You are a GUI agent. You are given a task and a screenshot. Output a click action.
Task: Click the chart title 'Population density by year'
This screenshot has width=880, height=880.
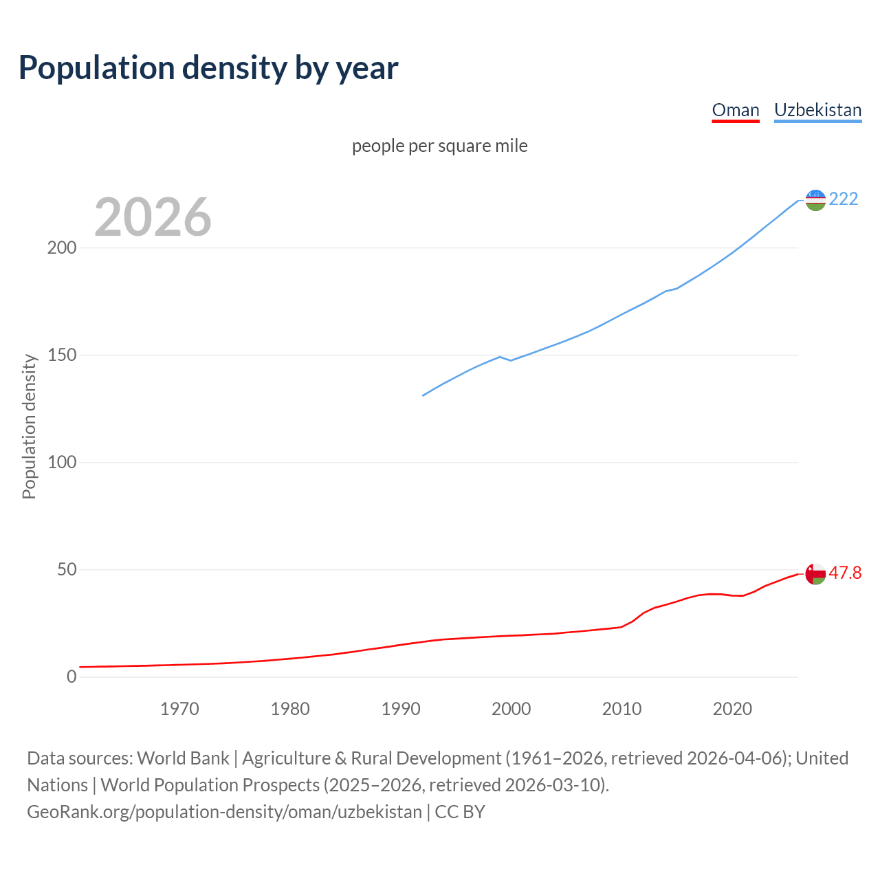click(x=208, y=67)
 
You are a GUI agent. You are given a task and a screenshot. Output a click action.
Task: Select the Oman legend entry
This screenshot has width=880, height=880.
click(x=735, y=110)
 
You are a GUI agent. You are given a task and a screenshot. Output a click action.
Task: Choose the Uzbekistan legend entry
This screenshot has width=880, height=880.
click(x=817, y=110)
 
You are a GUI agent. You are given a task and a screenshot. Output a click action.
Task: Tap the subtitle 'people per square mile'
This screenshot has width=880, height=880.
click(x=439, y=146)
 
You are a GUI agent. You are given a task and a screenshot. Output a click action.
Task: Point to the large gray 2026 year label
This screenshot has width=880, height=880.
click(x=153, y=217)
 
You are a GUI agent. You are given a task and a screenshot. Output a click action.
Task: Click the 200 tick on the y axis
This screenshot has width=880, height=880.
click(x=62, y=248)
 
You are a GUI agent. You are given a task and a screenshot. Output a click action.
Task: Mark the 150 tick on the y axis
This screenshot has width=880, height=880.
click(x=62, y=355)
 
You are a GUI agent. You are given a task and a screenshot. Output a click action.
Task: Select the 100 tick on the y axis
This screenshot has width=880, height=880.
click(x=62, y=463)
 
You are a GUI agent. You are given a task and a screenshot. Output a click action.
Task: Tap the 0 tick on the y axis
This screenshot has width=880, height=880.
click(x=71, y=677)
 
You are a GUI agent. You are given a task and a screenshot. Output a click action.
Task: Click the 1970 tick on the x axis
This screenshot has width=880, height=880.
click(x=179, y=709)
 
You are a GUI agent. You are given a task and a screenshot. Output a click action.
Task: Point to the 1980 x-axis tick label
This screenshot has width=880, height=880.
click(x=290, y=709)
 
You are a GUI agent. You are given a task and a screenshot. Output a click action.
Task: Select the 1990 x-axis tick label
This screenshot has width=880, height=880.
click(x=401, y=709)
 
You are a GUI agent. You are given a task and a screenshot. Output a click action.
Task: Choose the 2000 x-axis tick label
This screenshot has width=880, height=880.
click(x=511, y=709)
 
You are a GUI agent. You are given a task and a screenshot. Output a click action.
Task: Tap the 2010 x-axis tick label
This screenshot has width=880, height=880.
click(x=621, y=709)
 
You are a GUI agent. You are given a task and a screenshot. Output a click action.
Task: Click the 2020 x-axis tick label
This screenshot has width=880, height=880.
click(x=732, y=709)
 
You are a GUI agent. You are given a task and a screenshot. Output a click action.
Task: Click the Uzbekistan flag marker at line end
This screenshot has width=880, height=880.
click(x=815, y=200)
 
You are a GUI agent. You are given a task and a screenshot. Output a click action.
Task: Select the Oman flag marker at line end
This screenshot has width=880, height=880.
click(x=815, y=573)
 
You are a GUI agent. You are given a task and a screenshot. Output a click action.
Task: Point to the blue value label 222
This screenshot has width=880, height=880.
click(x=844, y=199)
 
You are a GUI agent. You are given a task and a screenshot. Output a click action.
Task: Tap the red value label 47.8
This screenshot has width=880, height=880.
click(x=845, y=573)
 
